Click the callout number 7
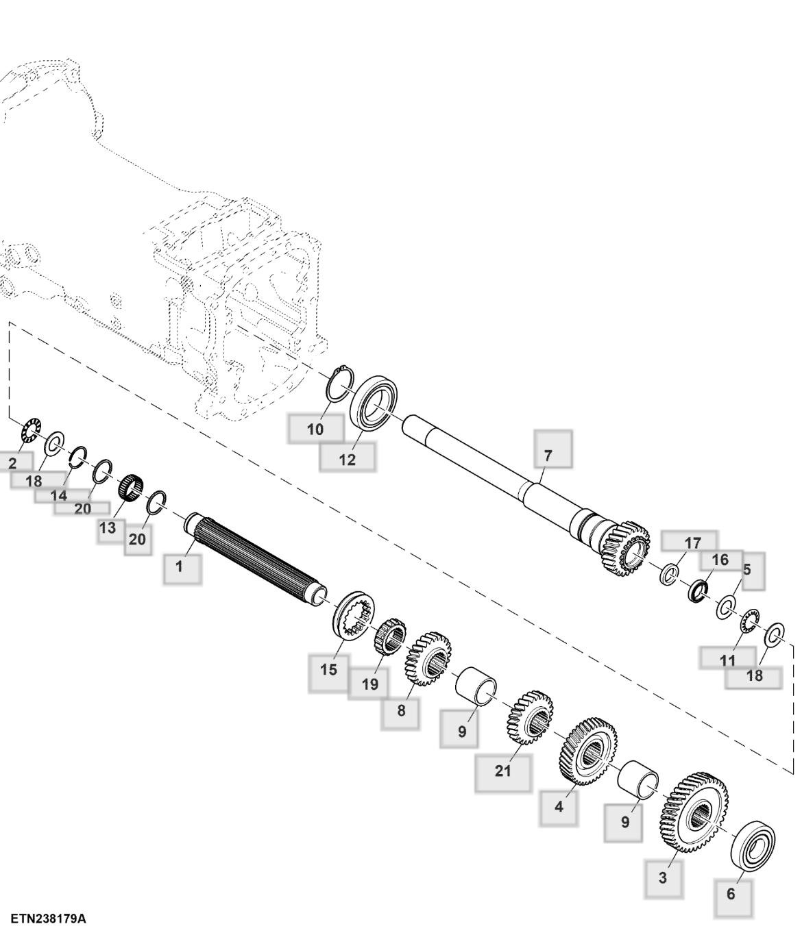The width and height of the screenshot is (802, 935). (x=547, y=455)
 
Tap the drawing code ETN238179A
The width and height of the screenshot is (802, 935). (x=48, y=919)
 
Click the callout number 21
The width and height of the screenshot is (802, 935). (x=502, y=771)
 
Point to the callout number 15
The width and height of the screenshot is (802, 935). (x=328, y=669)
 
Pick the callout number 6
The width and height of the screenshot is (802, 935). (x=731, y=894)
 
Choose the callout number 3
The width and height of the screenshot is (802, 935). (x=662, y=877)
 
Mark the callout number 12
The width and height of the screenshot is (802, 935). (x=348, y=460)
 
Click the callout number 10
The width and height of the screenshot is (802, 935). (x=315, y=429)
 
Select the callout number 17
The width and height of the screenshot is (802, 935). (x=692, y=543)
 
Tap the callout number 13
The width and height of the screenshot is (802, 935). (x=108, y=528)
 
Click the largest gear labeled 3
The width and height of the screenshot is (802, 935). (x=693, y=812)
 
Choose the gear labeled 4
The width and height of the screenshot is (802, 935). (x=588, y=751)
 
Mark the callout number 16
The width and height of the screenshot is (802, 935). (x=720, y=560)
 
